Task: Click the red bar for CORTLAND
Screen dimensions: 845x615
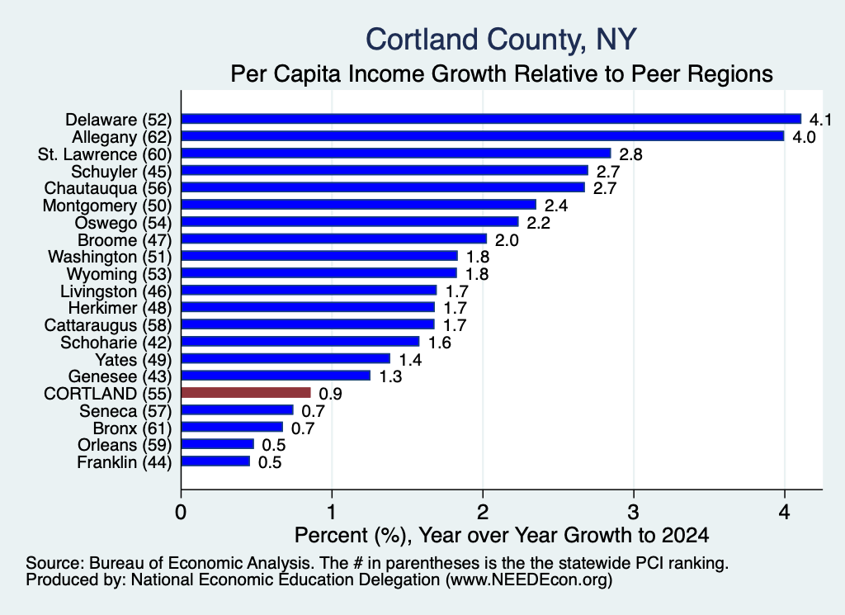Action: coord(246,392)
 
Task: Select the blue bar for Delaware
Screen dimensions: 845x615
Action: coord(492,119)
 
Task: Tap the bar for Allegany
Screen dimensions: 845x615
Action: coord(483,136)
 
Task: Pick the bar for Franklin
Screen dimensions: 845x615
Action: coord(215,461)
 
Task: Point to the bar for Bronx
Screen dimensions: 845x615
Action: coord(232,427)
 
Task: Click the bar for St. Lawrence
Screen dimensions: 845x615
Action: coord(396,153)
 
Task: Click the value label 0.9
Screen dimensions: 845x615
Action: coord(330,394)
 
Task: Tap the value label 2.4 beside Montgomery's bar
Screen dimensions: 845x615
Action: coord(556,206)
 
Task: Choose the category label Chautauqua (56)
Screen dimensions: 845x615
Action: coord(108,188)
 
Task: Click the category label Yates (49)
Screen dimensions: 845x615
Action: coord(133,360)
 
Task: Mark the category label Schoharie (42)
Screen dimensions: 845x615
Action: coord(116,343)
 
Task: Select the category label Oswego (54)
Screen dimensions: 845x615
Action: coord(124,223)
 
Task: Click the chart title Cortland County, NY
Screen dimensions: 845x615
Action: coord(501,40)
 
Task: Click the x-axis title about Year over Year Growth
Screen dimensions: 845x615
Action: coord(502,535)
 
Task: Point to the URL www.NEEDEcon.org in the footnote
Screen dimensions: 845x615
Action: coord(529,580)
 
